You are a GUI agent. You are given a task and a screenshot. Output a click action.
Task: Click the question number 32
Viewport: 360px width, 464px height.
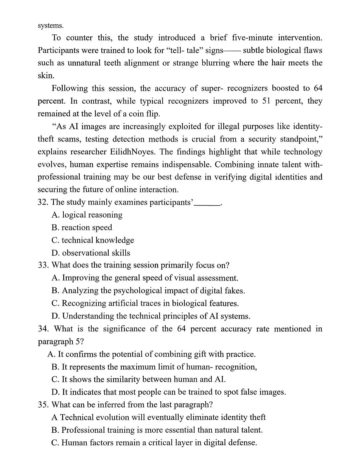[43, 202]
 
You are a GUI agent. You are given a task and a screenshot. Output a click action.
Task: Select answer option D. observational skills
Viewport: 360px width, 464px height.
[91, 253]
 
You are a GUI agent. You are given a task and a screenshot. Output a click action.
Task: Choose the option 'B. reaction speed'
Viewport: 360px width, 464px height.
[82, 228]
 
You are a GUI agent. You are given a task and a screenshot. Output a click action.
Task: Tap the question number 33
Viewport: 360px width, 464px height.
[43, 265]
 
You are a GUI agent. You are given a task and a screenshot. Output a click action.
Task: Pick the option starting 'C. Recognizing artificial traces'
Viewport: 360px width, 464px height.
[145, 303]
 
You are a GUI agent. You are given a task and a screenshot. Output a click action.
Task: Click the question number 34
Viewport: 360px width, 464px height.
[43, 329]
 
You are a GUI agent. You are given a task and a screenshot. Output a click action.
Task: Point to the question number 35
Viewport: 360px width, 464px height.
[43, 405]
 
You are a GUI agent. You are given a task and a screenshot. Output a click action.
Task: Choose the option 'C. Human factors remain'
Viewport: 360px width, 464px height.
[154, 443]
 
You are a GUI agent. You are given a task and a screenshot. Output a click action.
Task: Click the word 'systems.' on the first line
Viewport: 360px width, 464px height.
[50, 25]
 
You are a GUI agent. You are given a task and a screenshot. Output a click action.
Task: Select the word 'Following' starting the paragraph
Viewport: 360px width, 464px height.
[69, 88]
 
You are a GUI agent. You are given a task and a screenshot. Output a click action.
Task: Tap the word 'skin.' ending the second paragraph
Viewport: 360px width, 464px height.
[46, 76]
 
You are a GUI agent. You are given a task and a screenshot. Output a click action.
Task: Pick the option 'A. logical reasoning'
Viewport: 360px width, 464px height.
[87, 215]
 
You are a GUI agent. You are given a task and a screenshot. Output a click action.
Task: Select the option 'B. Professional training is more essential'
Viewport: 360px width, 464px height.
[157, 430]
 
